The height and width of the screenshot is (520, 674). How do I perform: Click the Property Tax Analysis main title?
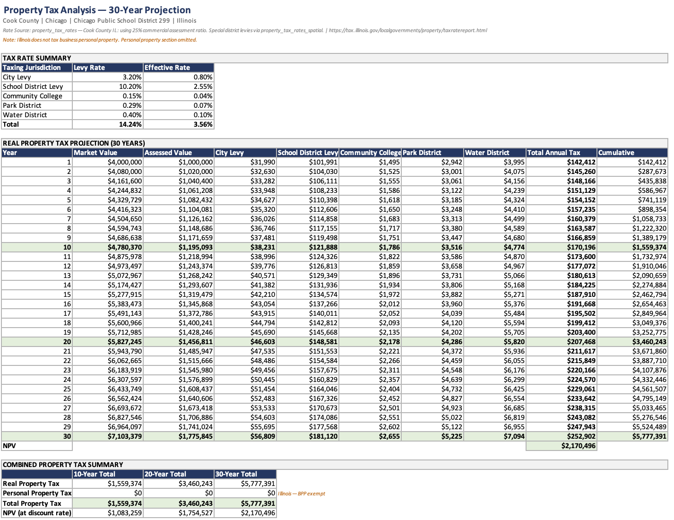pos(97,10)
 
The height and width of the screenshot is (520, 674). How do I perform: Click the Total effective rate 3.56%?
pos(203,124)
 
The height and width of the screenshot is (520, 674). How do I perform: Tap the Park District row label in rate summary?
pos(22,105)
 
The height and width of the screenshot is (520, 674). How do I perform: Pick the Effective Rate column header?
pos(167,68)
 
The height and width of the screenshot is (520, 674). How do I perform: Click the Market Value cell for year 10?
pos(125,247)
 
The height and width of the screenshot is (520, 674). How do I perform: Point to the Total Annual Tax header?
pos(553,153)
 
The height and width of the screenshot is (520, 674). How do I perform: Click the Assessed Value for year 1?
pos(196,162)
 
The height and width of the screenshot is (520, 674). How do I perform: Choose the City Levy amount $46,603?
pos(263,342)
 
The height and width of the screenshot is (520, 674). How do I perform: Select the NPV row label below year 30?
pos(9,446)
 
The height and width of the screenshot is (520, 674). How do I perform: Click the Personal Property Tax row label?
pos(37,493)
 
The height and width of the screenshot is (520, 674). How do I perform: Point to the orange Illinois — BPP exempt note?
pos(302,494)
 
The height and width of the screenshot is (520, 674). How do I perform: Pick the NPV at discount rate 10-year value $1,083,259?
pos(125,513)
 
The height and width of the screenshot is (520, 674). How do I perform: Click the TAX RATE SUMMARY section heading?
pos(37,58)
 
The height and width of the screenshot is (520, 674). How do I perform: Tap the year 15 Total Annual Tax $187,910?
pos(581,295)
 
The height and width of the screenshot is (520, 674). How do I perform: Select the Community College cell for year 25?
pos(389,389)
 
